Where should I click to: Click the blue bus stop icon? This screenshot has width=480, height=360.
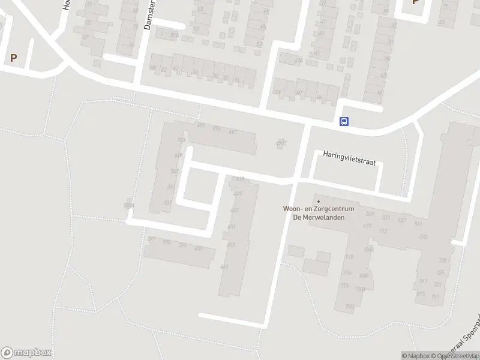(344, 121)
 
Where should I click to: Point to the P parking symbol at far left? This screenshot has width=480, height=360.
(13, 58)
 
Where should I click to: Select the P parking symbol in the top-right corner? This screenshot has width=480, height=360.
(415, 2)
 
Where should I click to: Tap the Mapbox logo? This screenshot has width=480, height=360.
(26, 353)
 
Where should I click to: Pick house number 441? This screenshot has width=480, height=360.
(224, 267)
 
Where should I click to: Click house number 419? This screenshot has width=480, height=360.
(240, 179)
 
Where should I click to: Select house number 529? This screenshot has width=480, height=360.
(370, 214)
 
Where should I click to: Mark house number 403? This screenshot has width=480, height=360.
(199, 248)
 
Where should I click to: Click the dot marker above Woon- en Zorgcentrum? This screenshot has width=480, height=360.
(319, 201)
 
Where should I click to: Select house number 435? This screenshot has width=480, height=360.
(231, 245)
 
